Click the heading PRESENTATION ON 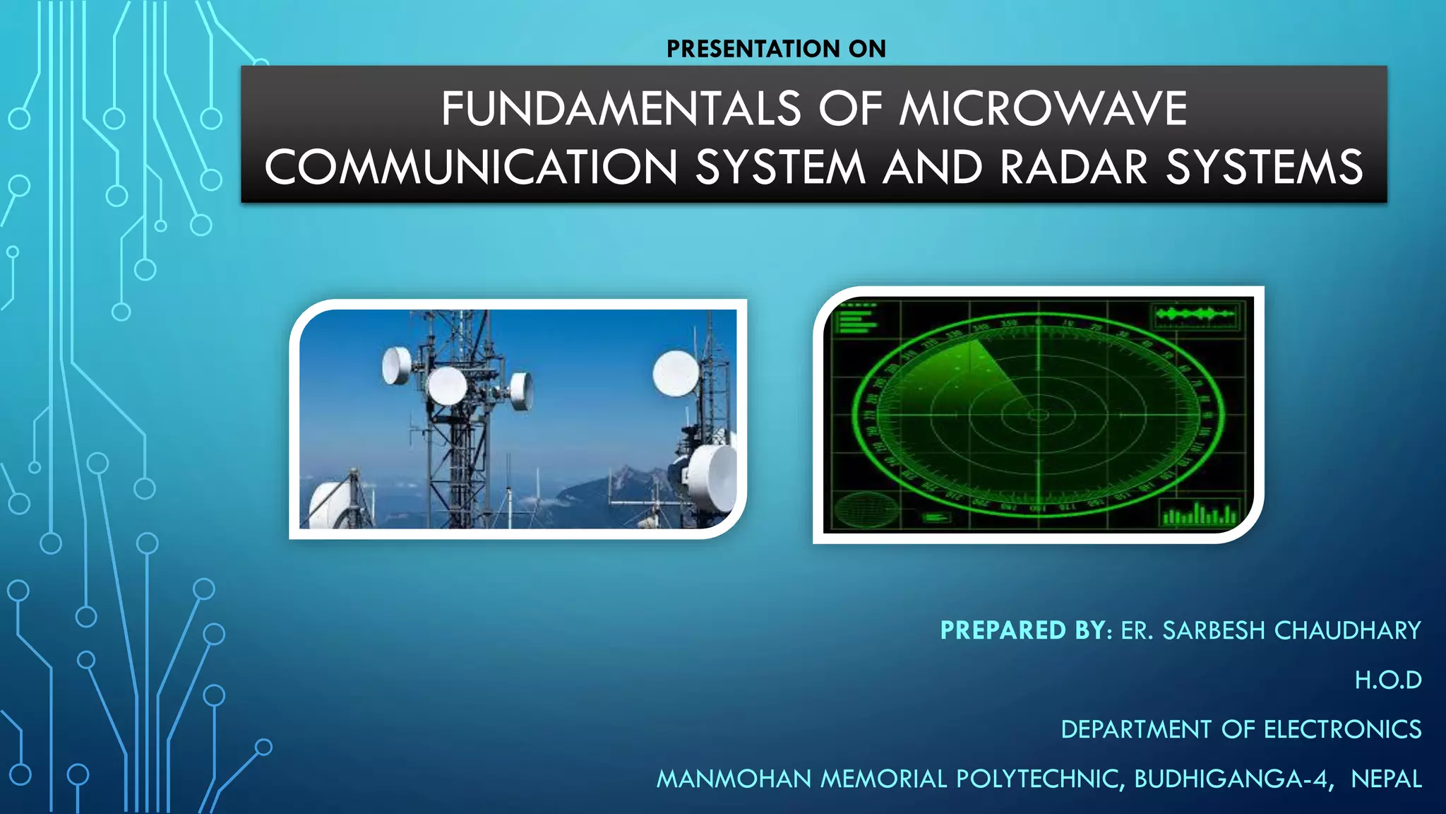pyautogui.click(x=776, y=49)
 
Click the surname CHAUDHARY pyautogui.click(x=1347, y=630)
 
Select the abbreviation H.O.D pyautogui.click(x=1387, y=680)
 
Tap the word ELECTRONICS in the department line pyautogui.click(x=1342, y=729)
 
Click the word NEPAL pyautogui.click(x=1386, y=779)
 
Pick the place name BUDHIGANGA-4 pyautogui.click(x=1232, y=779)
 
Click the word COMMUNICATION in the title pyautogui.click(x=471, y=167)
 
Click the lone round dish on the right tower pyautogui.click(x=676, y=373)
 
